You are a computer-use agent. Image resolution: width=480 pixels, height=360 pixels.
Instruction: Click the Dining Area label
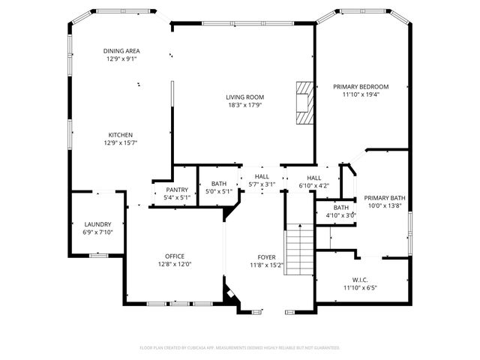point(121,51)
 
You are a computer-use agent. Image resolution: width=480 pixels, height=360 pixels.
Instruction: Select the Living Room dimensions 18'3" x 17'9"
point(245,106)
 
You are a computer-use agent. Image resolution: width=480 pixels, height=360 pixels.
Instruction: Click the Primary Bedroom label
point(361,86)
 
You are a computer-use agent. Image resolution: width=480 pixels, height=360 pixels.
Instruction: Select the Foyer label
point(266,256)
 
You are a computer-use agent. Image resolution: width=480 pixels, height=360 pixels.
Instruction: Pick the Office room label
point(175,256)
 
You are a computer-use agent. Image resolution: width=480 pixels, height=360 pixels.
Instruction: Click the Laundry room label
point(97,224)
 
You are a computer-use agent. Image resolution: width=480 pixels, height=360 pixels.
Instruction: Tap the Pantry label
point(177,190)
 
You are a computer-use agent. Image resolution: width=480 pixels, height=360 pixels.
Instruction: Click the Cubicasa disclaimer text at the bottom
point(240,348)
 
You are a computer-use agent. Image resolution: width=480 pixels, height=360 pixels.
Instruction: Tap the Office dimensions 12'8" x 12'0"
point(175,264)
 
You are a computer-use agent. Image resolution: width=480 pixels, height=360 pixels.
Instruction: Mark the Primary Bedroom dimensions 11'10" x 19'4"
point(361,94)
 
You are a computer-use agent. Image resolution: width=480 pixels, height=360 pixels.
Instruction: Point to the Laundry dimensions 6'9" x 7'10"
point(97,232)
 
